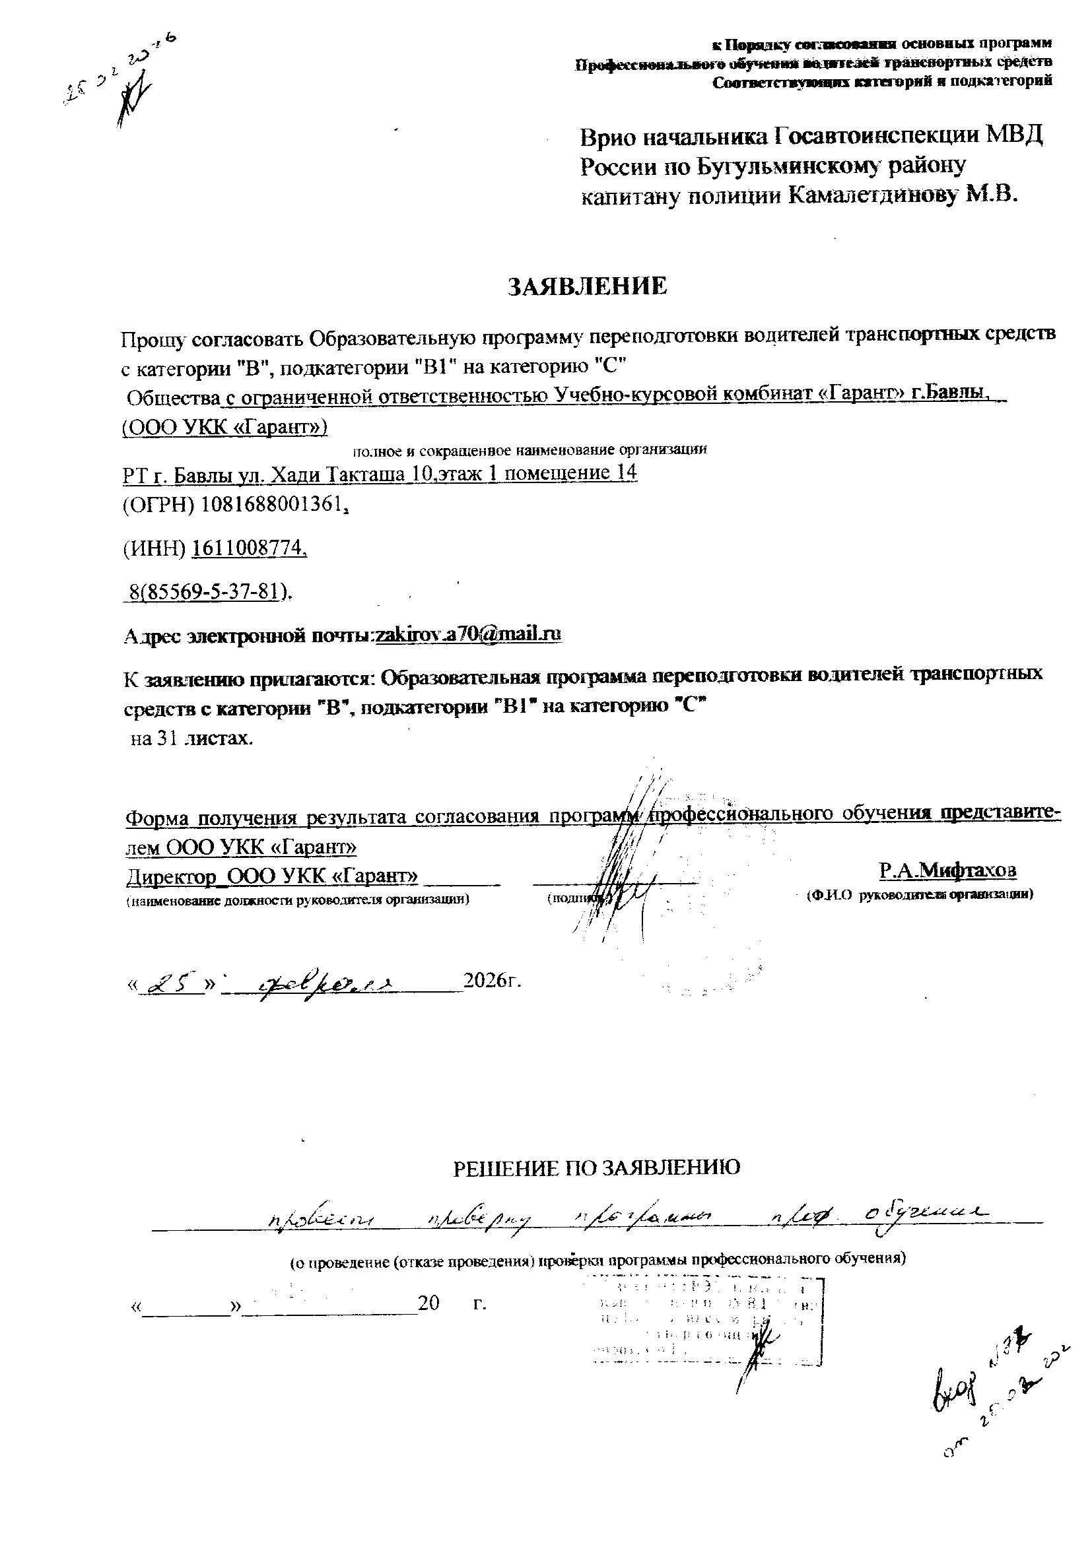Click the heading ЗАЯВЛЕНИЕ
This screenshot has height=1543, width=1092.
coord(587,286)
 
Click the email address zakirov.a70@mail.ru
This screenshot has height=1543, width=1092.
coord(469,634)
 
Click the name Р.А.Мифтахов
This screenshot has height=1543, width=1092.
coord(947,870)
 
